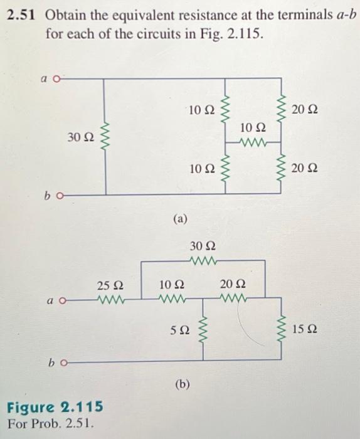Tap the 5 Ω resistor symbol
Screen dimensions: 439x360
click(203, 329)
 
